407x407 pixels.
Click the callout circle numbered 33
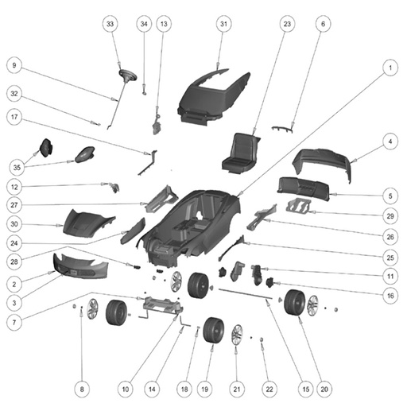(x=110, y=24)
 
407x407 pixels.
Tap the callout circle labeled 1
(x=390, y=68)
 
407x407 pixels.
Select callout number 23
(x=287, y=24)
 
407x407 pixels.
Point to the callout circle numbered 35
(x=17, y=168)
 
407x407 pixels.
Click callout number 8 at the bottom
(x=82, y=390)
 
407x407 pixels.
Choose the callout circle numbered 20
(x=324, y=390)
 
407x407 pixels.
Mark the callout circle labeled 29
(x=390, y=216)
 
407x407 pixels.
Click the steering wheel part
(x=128, y=76)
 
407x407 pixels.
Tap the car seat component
(x=240, y=153)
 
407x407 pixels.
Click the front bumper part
(x=80, y=266)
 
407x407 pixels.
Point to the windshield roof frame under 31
(x=214, y=97)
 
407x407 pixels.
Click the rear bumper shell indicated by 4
(x=323, y=165)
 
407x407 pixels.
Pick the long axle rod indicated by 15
(x=246, y=294)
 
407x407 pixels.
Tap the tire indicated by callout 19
(x=214, y=330)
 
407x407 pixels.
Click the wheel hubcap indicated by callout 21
(x=237, y=335)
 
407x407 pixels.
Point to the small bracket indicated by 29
(x=299, y=206)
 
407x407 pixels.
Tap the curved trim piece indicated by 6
(x=282, y=130)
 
